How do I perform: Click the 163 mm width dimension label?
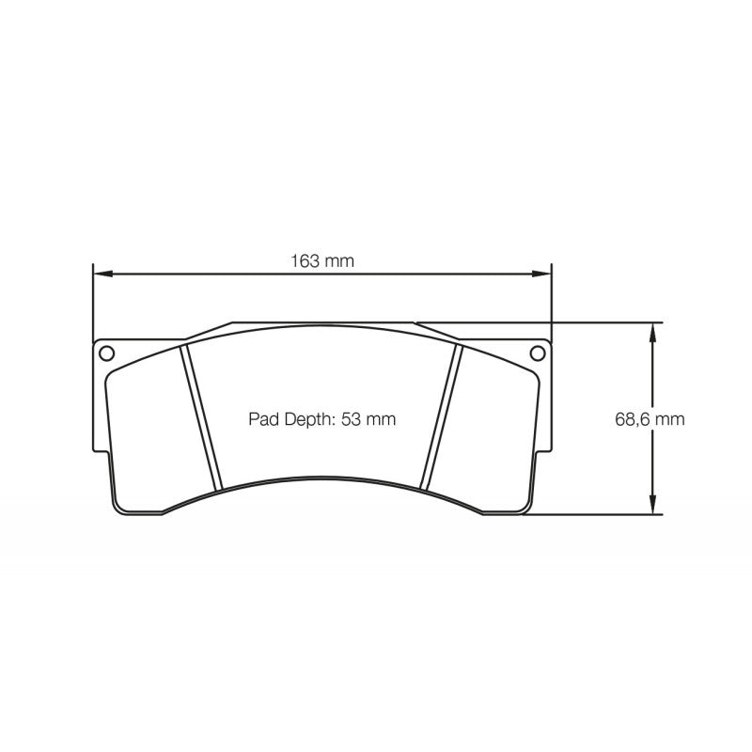321,261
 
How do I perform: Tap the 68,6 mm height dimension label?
650,419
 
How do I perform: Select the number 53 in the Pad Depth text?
351,419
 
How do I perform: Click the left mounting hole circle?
106,353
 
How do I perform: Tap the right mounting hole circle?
537,353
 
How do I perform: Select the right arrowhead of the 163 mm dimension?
543,274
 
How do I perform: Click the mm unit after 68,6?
670,419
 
